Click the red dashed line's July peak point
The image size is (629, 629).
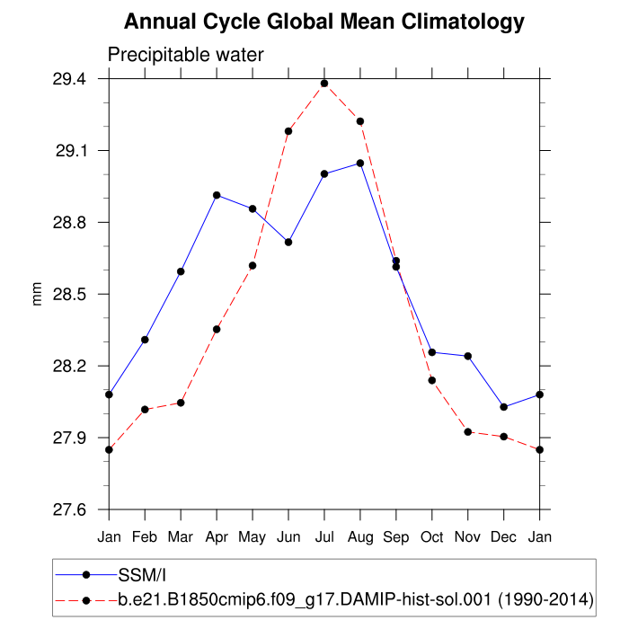pyautogui.click(x=324, y=84)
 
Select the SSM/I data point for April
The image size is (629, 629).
pyautogui.click(x=217, y=195)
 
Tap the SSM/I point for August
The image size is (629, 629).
pyautogui.click(x=360, y=164)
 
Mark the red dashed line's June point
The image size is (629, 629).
pyautogui.click(x=288, y=131)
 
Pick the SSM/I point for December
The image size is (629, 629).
pyautogui.click(x=504, y=407)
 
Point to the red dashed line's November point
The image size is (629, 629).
pyautogui.click(x=468, y=432)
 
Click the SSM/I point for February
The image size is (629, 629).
pyautogui.click(x=145, y=340)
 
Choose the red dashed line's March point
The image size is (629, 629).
pyautogui.click(x=181, y=403)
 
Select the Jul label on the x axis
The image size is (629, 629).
pyautogui.click(x=324, y=536)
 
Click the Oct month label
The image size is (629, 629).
pyautogui.click(x=432, y=536)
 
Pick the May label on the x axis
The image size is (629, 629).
pyautogui.click(x=252, y=536)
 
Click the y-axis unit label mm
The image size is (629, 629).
pyautogui.click(x=38, y=295)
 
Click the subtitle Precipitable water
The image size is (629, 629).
pyautogui.click(x=186, y=55)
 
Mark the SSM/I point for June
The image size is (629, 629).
pyautogui.click(x=288, y=242)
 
